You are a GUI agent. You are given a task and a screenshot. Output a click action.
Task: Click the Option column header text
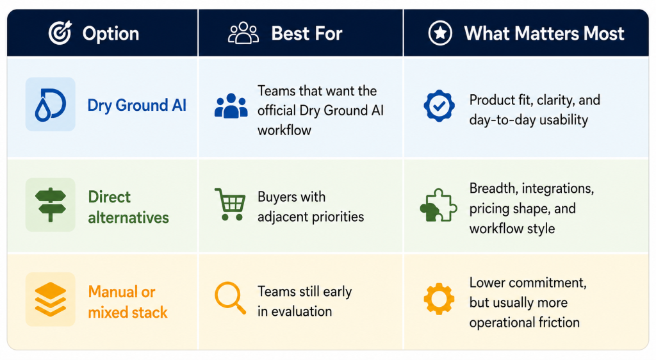[110, 33]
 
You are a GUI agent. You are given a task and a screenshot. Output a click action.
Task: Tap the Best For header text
[307, 33]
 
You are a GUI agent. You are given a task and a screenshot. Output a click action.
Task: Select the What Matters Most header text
[544, 33]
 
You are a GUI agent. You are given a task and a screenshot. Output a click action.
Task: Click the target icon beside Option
[60, 33]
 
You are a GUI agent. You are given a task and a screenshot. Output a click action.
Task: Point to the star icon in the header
[440, 33]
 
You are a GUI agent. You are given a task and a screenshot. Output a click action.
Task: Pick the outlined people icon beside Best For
[243, 33]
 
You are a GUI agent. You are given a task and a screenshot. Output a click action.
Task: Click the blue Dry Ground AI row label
[137, 105]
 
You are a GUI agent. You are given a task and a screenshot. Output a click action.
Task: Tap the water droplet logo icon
[50, 104]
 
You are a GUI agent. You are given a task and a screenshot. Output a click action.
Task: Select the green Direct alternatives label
[128, 207]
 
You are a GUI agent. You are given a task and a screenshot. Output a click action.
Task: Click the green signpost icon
[50, 205]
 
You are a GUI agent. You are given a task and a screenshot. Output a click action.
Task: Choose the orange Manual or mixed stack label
[127, 302]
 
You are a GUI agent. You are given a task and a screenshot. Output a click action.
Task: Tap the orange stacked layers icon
[50, 299]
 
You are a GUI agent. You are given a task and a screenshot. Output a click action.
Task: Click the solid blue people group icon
[231, 106]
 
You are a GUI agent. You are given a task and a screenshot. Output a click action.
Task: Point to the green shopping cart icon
[230, 204]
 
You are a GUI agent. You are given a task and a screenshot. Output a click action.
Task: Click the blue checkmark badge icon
[439, 106]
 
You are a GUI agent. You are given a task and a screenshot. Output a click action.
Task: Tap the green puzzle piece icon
[438, 205]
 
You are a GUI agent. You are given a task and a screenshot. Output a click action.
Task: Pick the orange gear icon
[439, 299]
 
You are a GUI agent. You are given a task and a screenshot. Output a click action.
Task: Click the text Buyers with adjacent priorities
[311, 206]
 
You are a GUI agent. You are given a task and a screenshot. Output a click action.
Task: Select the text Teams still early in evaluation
[304, 301]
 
